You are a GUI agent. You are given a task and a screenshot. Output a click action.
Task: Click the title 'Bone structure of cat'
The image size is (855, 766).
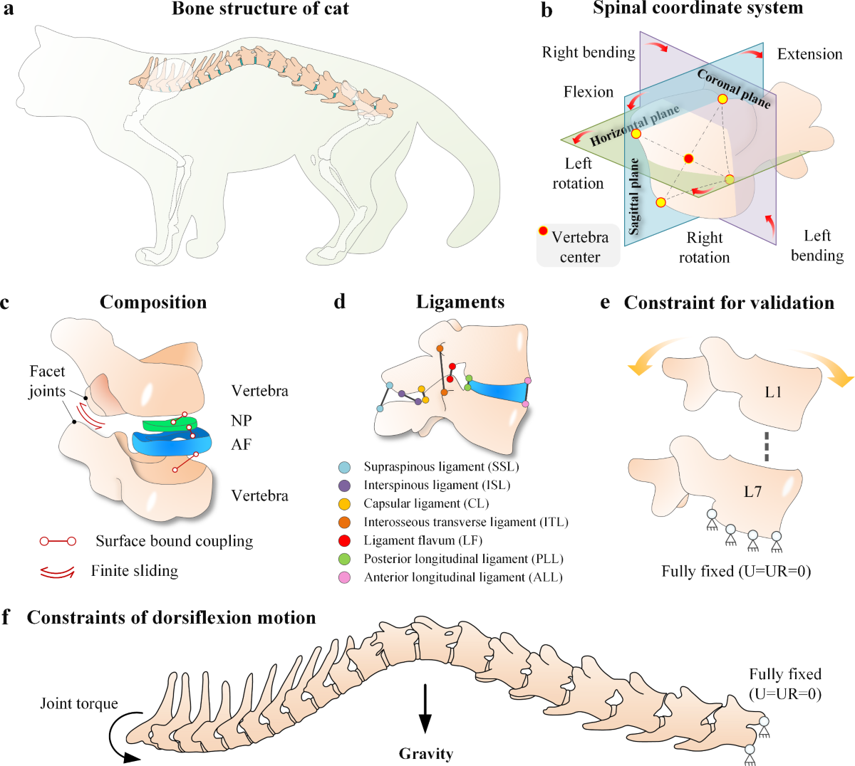261,9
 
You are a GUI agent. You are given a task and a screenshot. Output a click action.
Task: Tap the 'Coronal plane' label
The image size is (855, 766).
733,89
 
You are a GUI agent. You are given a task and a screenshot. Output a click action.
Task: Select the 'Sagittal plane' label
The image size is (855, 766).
633,196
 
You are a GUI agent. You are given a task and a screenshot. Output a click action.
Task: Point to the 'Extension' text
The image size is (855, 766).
809,54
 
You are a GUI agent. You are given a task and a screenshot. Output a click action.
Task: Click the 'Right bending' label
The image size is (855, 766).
588,52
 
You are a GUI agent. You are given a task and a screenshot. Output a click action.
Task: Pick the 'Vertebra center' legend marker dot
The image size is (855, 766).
544,231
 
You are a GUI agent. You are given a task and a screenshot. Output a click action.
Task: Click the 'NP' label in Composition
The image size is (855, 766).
242,421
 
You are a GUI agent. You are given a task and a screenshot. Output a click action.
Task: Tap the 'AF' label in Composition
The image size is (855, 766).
242,444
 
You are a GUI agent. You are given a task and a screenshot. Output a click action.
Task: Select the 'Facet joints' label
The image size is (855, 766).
47,381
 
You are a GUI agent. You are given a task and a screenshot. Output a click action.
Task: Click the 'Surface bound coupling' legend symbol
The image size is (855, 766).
58,542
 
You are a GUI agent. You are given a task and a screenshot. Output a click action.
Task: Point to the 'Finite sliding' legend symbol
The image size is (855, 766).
57,571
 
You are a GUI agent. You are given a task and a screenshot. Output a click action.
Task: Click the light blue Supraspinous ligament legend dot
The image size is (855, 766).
345,467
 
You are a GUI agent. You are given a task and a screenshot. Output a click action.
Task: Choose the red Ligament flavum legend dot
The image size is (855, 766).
345,540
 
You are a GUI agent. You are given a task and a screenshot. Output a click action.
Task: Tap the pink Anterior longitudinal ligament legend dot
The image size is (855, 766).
345,577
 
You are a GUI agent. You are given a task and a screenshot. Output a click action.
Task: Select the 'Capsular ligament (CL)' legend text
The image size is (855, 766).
426,503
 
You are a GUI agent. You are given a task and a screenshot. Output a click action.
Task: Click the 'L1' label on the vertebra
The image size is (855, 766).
773,392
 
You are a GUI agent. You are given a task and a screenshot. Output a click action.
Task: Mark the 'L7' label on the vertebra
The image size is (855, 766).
752,491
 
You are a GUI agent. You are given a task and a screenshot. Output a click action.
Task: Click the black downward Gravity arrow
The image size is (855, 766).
425,709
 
